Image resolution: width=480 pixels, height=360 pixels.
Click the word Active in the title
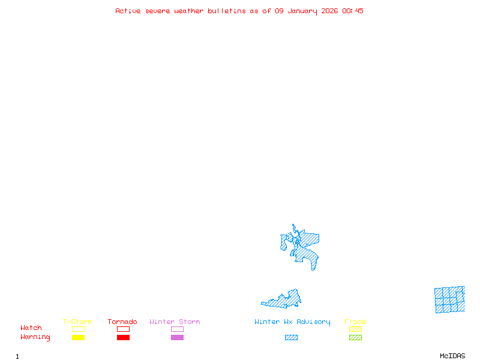pos(128,11)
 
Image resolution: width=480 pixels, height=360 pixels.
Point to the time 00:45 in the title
pos(353,11)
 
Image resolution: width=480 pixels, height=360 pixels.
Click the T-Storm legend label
pos(77,322)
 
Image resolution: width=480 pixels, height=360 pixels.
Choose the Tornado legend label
pos(122,322)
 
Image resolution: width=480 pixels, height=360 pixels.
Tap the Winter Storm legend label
pos(175,322)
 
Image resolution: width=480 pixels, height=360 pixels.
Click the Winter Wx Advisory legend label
pos(292,322)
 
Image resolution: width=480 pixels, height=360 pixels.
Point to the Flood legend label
pos(355,322)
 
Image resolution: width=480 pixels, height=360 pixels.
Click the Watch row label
pos(31,328)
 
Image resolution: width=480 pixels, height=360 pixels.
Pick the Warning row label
pos(35,337)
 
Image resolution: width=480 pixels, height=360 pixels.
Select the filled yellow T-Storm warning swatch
pos(78,338)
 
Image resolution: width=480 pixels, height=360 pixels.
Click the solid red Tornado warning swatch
pos(123,338)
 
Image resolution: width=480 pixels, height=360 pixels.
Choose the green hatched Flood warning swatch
pos(355,338)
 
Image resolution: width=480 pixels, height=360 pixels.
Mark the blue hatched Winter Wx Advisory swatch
pos(291,338)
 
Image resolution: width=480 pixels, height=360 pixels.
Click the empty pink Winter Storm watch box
pos(177,329)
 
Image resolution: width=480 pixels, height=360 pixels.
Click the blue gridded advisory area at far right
pos(450,299)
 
